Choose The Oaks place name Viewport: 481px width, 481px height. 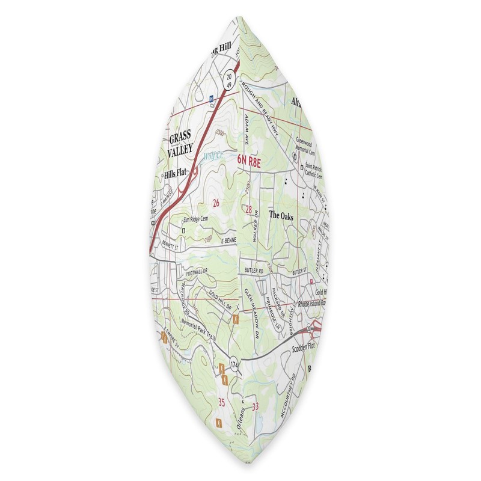(280, 215)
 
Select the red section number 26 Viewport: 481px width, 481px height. (215, 203)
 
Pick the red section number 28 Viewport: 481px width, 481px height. (248, 209)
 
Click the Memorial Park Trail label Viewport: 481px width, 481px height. (194, 330)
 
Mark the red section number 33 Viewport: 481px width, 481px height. (257, 406)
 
